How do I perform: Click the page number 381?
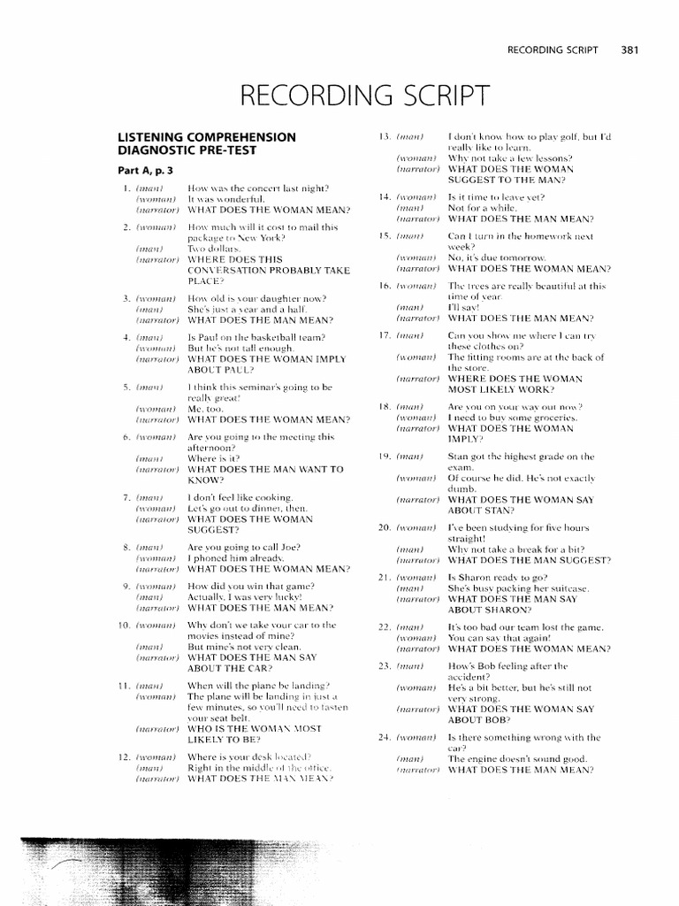[629, 50]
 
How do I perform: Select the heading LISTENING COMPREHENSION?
[207, 137]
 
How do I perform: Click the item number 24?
[384, 737]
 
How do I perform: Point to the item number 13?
[384, 137]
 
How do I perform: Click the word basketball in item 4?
[271, 337]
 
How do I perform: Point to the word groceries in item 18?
[550, 417]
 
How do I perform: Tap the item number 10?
[125, 626]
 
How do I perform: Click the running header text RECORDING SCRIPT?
[553, 50]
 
